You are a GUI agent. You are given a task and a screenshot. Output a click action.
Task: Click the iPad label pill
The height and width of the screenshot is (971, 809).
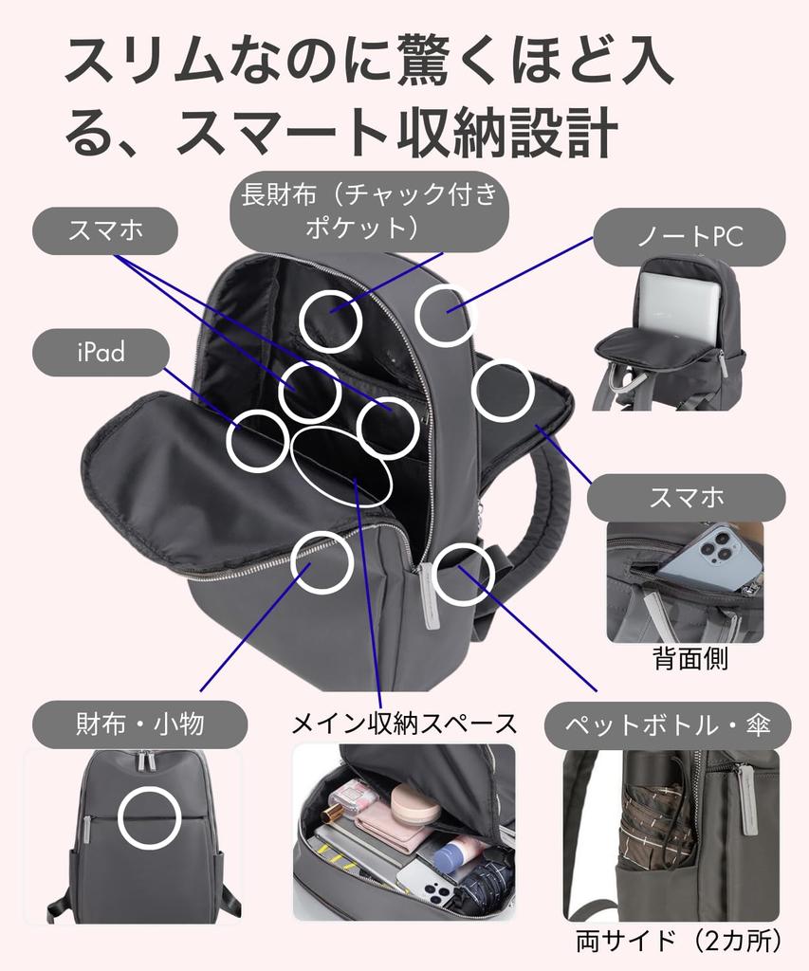[101, 352]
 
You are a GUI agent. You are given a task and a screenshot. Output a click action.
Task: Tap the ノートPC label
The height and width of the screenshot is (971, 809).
[689, 237]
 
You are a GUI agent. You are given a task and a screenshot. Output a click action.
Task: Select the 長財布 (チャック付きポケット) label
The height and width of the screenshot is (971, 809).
[369, 211]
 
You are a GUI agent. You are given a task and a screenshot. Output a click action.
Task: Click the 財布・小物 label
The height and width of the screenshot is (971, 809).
[140, 724]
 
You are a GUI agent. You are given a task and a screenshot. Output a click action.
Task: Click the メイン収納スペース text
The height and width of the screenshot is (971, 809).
[404, 723]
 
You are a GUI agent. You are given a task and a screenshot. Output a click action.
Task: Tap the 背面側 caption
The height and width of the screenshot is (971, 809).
[690, 659]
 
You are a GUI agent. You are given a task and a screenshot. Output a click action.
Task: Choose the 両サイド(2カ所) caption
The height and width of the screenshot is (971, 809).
[678, 941]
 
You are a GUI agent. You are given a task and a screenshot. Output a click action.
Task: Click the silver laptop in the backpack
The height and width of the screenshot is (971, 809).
[679, 302]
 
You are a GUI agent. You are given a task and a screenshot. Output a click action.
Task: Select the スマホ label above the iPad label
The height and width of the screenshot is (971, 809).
[105, 231]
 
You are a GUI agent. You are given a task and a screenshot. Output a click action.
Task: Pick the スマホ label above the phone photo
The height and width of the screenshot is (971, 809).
[687, 497]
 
